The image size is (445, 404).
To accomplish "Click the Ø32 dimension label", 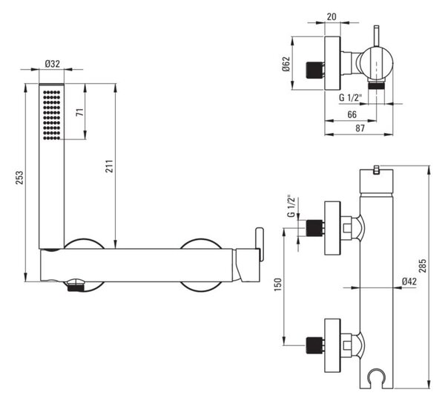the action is tap(53, 64).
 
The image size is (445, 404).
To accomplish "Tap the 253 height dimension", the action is tap(19, 177).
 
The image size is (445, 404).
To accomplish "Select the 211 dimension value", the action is tap(109, 166).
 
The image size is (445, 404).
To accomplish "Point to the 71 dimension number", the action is tap(80, 112).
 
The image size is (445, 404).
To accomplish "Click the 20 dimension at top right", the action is tap(332, 17).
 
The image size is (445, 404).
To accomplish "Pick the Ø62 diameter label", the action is tap(286, 64).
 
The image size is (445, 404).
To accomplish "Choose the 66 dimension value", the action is tap(352, 114).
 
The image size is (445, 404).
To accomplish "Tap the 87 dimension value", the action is tap(360, 128).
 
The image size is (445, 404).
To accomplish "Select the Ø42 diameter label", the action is tap(409, 281).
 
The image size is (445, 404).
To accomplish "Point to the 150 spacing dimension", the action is tap(277, 284).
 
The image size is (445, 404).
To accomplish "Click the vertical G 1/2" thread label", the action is tap(291, 206).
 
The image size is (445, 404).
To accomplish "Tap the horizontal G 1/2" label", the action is tap(351, 98).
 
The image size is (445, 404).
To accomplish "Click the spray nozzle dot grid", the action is tap(52, 115).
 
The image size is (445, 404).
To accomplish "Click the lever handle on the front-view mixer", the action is tap(260, 244).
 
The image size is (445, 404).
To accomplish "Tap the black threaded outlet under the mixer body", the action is tap(76, 287).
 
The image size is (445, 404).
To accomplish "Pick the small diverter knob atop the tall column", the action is tap(377, 169).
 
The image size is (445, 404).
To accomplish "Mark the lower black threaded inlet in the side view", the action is tap(314, 345).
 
